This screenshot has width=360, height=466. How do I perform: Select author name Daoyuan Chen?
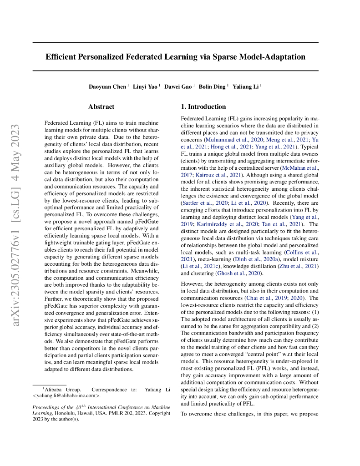[107, 87]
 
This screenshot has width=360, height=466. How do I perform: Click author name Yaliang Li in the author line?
[246, 87]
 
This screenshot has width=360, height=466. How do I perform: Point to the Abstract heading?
[101, 107]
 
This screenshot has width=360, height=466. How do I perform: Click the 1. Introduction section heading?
[203, 107]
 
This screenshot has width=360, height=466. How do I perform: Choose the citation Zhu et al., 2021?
[300, 266]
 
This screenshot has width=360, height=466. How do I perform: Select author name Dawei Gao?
[178, 87]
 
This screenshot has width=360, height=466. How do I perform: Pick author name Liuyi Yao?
[145, 87]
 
